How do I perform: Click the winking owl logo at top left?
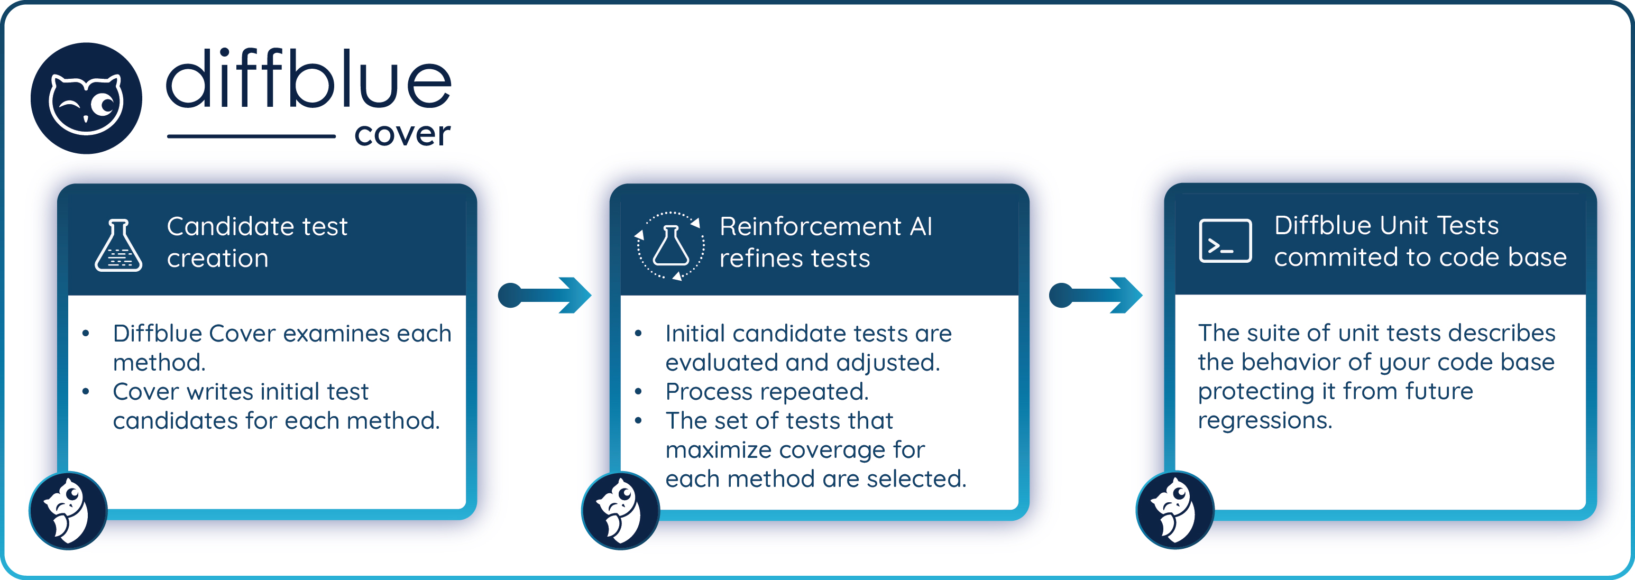pyautogui.click(x=86, y=98)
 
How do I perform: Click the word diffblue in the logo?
pyautogui.click(x=308, y=79)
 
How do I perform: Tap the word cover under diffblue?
pyautogui.click(x=402, y=134)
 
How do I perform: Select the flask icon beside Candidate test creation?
pyautogui.click(x=118, y=245)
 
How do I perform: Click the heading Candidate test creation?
pyautogui.click(x=256, y=242)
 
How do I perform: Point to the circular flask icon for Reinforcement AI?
pyautogui.click(x=670, y=245)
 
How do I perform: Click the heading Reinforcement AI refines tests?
pyautogui.click(x=825, y=242)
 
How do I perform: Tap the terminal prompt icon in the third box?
pyautogui.click(x=1225, y=241)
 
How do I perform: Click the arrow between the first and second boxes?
pyautogui.click(x=545, y=295)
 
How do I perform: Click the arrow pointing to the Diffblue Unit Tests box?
pyautogui.click(x=1096, y=295)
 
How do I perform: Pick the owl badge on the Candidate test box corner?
pyautogui.click(x=68, y=510)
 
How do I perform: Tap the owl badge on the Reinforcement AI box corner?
pyautogui.click(x=620, y=510)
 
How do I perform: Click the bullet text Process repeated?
pyautogui.click(x=767, y=392)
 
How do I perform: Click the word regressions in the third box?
pyautogui.click(x=1264, y=420)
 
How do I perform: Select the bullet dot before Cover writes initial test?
pyautogui.click(x=86, y=392)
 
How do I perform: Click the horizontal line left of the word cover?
pyautogui.click(x=251, y=136)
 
